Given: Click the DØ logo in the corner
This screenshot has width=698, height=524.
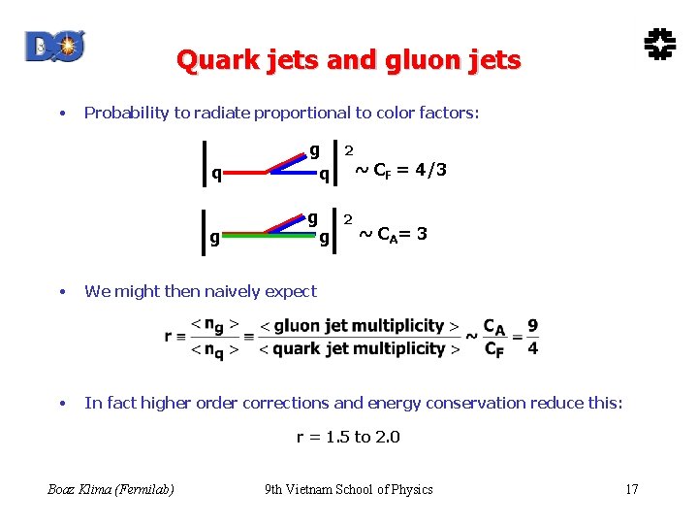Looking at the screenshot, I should point(54,46).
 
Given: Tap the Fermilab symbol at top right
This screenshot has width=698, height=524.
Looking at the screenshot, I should point(659,44).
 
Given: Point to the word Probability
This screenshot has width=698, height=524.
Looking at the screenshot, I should point(126,113).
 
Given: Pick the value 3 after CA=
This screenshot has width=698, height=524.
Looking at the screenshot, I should point(421,235).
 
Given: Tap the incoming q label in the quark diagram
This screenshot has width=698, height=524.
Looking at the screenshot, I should point(216,174).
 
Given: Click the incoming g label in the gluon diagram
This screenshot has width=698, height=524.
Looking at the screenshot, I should point(214,236).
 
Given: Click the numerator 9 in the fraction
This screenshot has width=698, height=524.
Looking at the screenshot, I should point(533,326).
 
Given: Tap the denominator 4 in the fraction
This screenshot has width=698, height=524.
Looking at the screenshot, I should point(533,348).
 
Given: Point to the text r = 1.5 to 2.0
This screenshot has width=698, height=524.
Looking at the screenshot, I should point(348,437).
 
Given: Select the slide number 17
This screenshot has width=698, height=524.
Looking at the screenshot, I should point(631,489).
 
